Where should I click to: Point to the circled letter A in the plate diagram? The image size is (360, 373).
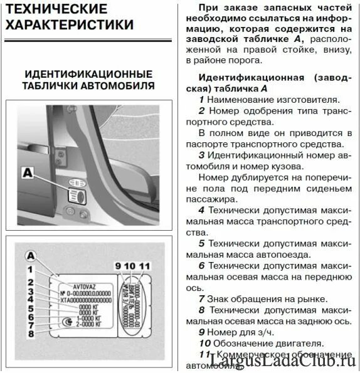click(31, 256)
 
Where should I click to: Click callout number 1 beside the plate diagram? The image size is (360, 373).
click(30, 270)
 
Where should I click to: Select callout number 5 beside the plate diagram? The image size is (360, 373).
click(30, 308)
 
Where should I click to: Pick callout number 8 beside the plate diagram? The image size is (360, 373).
click(30, 334)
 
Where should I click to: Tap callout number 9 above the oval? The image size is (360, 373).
click(118, 265)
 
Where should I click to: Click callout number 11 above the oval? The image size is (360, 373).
click(145, 265)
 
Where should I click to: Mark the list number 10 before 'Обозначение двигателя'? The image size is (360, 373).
click(204, 343)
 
